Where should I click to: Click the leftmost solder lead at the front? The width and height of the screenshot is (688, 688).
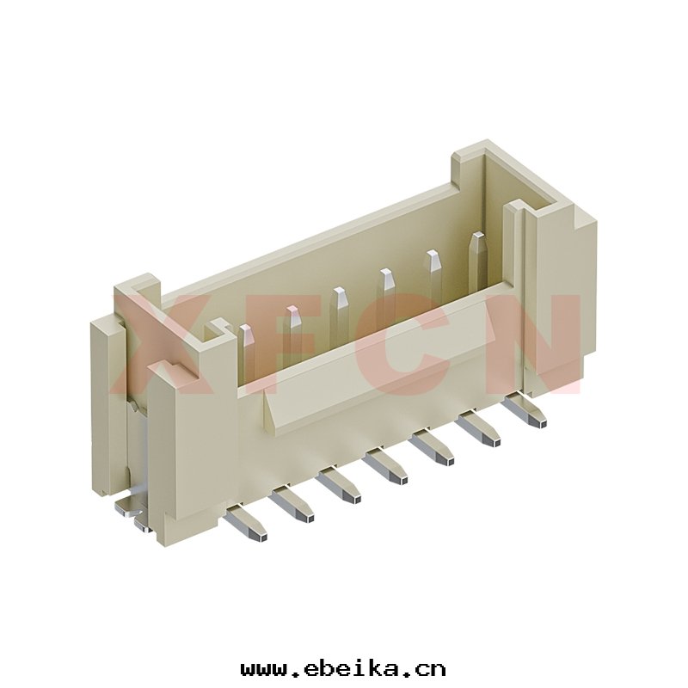pyautogui.click(x=245, y=523)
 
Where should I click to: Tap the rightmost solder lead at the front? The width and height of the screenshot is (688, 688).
pyautogui.click(x=525, y=410)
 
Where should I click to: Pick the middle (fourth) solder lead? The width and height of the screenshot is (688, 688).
pyautogui.click(x=386, y=466)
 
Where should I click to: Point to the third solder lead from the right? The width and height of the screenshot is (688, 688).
pyautogui.click(x=433, y=447)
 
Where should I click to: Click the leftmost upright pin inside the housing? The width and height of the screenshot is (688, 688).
pyautogui.click(x=247, y=350)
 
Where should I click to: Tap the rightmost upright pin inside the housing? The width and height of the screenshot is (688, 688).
pyautogui.click(x=477, y=259)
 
